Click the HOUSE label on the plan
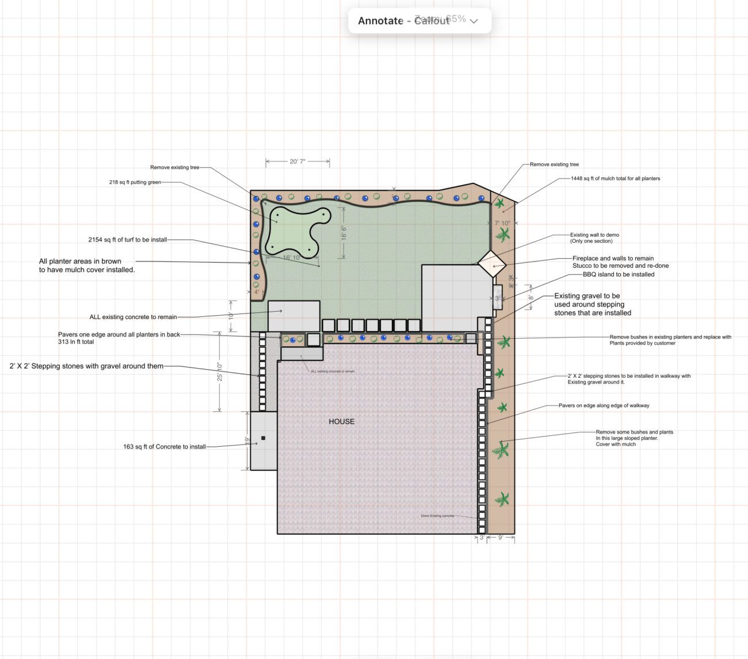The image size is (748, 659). [341, 422]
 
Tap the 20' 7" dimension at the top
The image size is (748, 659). [297, 162]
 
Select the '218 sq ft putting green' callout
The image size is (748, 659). [135, 182]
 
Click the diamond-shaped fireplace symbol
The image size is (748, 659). [492, 264]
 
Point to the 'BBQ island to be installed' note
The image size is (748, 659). [619, 274]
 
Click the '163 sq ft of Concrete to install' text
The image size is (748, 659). [164, 446]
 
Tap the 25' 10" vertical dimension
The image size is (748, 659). [220, 371]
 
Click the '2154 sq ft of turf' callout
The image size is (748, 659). [127, 240]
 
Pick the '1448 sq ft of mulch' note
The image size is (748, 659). [615, 178]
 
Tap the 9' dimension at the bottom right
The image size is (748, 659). [501, 537]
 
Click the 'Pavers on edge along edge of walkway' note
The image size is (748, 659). [604, 405]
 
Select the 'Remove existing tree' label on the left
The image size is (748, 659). [174, 167]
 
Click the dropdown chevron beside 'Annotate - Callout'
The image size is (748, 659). [474, 21]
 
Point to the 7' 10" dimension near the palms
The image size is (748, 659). [502, 223]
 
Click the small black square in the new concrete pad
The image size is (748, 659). [264, 438]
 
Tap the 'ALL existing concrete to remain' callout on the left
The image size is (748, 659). [133, 317]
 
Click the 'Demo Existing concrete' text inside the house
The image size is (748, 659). [437, 516]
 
